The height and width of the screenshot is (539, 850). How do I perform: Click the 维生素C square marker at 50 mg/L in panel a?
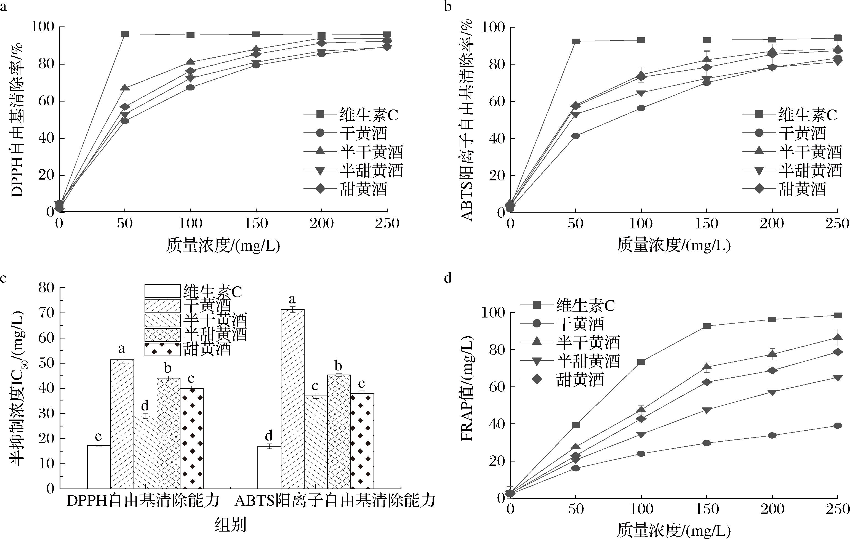point(125,34)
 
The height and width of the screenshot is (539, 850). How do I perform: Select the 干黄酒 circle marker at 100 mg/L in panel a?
point(190,87)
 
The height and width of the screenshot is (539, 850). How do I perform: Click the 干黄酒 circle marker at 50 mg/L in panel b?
point(575,136)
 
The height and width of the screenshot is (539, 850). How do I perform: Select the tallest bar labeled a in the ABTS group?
point(292,399)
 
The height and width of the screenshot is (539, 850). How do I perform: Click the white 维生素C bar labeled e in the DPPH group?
point(99,467)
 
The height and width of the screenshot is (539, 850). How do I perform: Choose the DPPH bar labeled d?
point(145,452)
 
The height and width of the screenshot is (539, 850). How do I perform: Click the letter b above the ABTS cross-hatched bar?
point(339,366)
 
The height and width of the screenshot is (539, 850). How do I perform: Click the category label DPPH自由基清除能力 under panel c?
point(143,501)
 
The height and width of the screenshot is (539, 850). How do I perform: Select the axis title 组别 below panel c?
point(230,525)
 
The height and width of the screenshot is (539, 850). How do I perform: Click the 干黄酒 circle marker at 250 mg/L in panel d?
point(837,426)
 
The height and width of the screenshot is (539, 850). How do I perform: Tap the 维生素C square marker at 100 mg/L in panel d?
point(641,362)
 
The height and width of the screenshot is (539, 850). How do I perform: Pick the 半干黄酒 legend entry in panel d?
point(588,342)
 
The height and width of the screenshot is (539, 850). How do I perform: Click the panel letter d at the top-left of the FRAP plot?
point(447,279)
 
